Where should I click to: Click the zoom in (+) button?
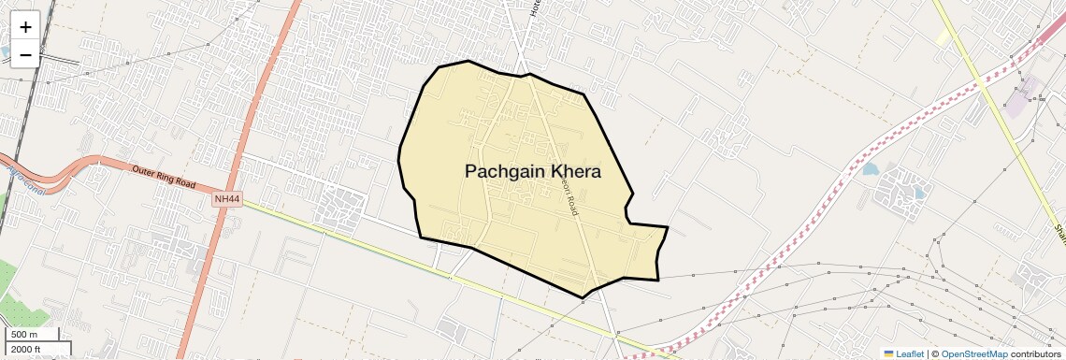[25, 27]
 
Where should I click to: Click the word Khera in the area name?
[576, 172]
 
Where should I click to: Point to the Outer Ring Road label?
[163, 178]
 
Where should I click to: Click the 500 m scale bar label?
[24, 335]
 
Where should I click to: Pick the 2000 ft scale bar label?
[26, 350]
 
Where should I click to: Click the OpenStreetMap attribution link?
[973, 353]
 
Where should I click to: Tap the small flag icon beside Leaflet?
[888, 353]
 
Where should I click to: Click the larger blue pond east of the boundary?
[871, 170]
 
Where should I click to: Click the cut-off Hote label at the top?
[536, 8]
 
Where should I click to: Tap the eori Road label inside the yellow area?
[569, 197]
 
